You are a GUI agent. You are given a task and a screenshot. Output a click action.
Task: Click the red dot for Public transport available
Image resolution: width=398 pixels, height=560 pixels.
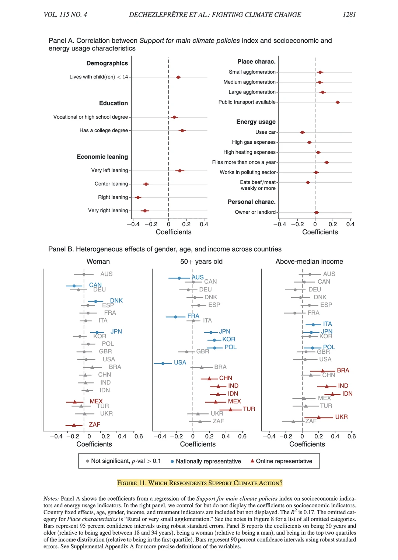338,102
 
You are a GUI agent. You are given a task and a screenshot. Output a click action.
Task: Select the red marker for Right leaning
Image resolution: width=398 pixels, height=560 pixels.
138,197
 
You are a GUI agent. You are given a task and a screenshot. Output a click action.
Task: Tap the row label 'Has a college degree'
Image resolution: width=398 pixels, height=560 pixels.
104,130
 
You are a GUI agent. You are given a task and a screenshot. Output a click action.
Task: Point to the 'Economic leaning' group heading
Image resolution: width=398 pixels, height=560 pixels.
102,157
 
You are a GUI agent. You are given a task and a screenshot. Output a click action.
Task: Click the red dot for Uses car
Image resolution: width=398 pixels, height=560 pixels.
302,132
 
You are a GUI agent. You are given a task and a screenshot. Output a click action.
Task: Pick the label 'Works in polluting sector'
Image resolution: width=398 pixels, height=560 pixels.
248,172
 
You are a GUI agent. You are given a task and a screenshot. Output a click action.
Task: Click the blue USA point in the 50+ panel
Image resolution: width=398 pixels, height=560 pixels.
163,363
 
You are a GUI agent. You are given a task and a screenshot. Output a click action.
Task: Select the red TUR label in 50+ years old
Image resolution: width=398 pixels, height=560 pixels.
249,409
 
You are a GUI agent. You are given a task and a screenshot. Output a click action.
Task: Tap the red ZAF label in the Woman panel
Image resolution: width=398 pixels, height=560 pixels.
94,424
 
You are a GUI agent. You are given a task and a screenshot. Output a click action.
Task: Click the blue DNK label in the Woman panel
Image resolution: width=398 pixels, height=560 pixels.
116,301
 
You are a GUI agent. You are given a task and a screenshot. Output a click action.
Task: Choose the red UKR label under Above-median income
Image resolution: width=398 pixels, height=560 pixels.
341,417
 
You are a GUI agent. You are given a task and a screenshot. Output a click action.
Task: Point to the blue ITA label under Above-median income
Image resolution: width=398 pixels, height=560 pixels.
327,324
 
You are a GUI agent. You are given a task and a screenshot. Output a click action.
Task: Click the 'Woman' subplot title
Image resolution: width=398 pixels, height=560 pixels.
98,262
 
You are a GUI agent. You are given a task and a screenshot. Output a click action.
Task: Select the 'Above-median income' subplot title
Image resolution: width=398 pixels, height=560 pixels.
309,262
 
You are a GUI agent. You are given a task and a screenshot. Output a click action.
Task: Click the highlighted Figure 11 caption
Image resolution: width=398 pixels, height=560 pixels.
200,483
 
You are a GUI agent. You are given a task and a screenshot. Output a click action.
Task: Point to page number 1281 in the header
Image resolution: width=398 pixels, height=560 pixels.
349,14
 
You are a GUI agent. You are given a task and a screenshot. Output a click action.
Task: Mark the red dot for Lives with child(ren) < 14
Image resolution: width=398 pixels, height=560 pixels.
178,77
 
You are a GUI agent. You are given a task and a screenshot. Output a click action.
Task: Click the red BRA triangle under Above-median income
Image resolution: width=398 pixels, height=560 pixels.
322,371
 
